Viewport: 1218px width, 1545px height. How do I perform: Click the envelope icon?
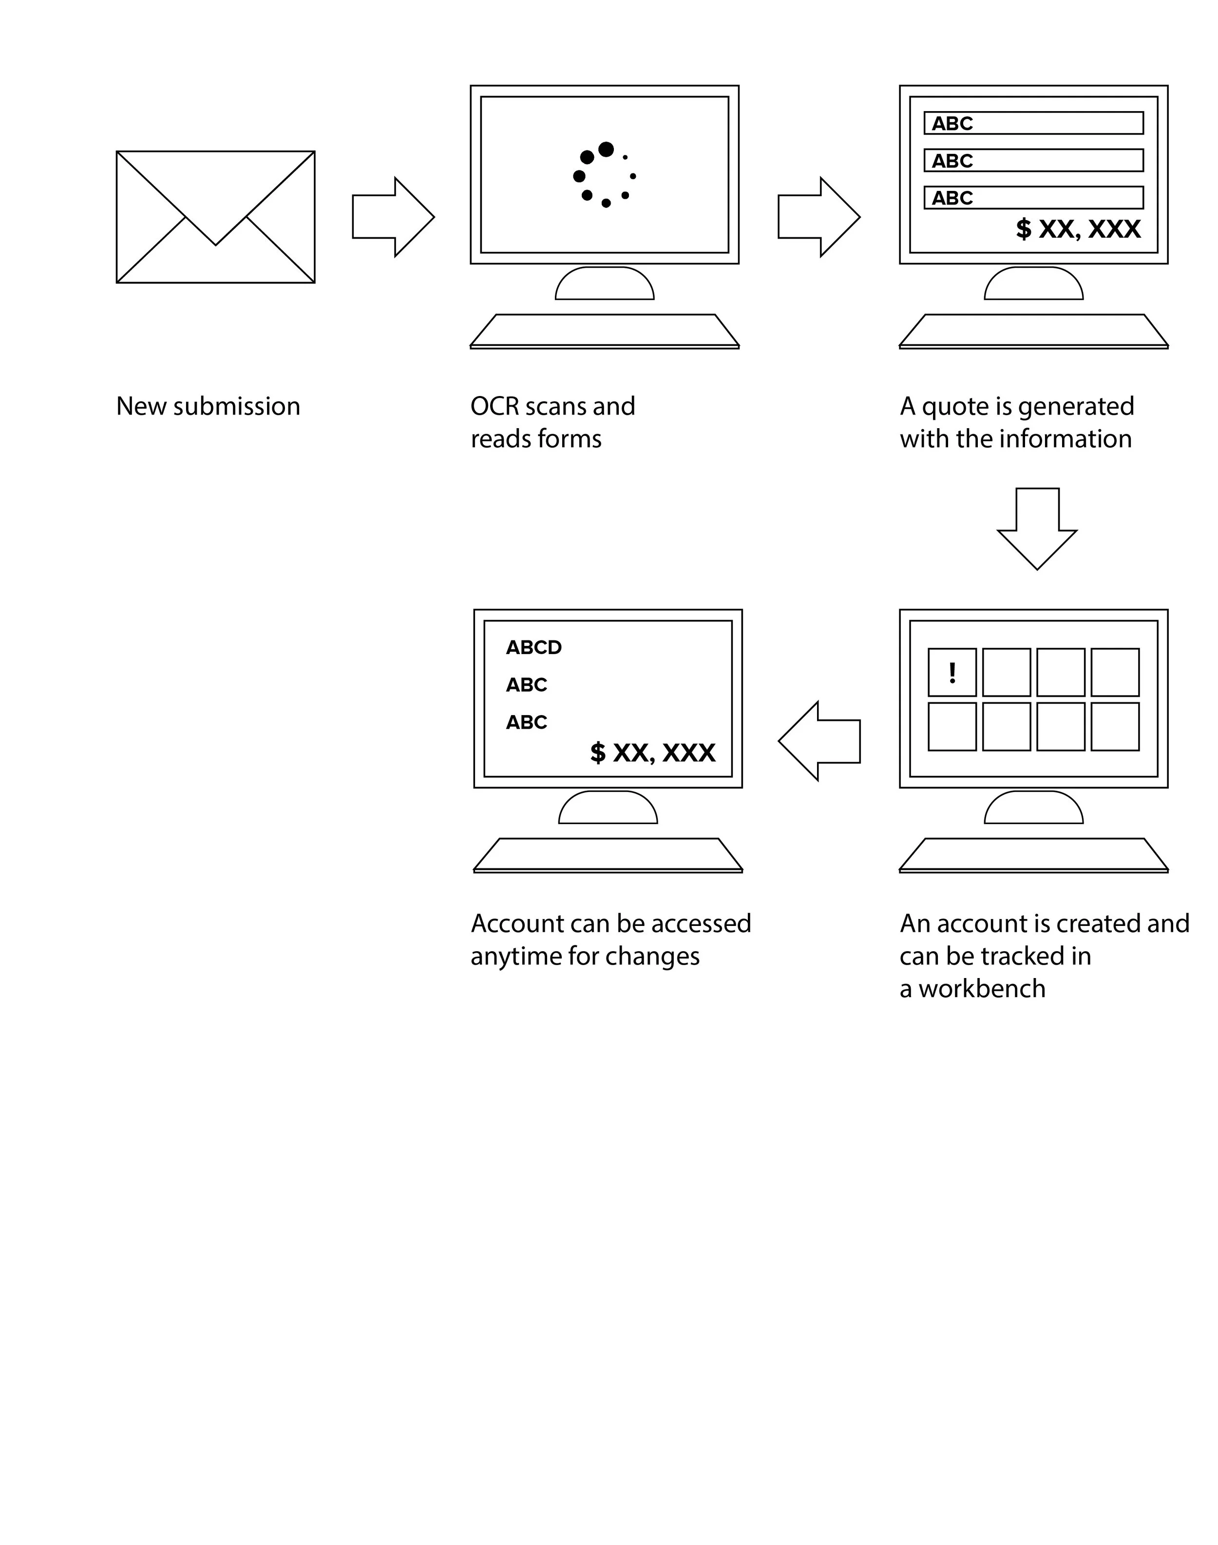[215, 217]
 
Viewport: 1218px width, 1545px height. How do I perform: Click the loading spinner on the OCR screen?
[605, 175]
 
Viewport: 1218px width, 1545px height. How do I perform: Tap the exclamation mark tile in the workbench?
[952, 672]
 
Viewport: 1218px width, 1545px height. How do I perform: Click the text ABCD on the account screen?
[533, 647]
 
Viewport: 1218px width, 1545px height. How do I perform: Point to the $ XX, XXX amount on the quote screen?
[1078, 229]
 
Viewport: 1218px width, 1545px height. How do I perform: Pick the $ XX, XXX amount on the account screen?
[652, 753]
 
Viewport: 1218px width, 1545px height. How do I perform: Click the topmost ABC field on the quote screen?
[1033, 123]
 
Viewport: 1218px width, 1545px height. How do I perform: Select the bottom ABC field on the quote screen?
[1033, 197]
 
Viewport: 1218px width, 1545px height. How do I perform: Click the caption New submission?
[208, 406]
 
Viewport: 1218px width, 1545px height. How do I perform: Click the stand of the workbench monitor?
[1033, 808]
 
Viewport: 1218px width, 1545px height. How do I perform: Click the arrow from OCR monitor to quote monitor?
[818, 217]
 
